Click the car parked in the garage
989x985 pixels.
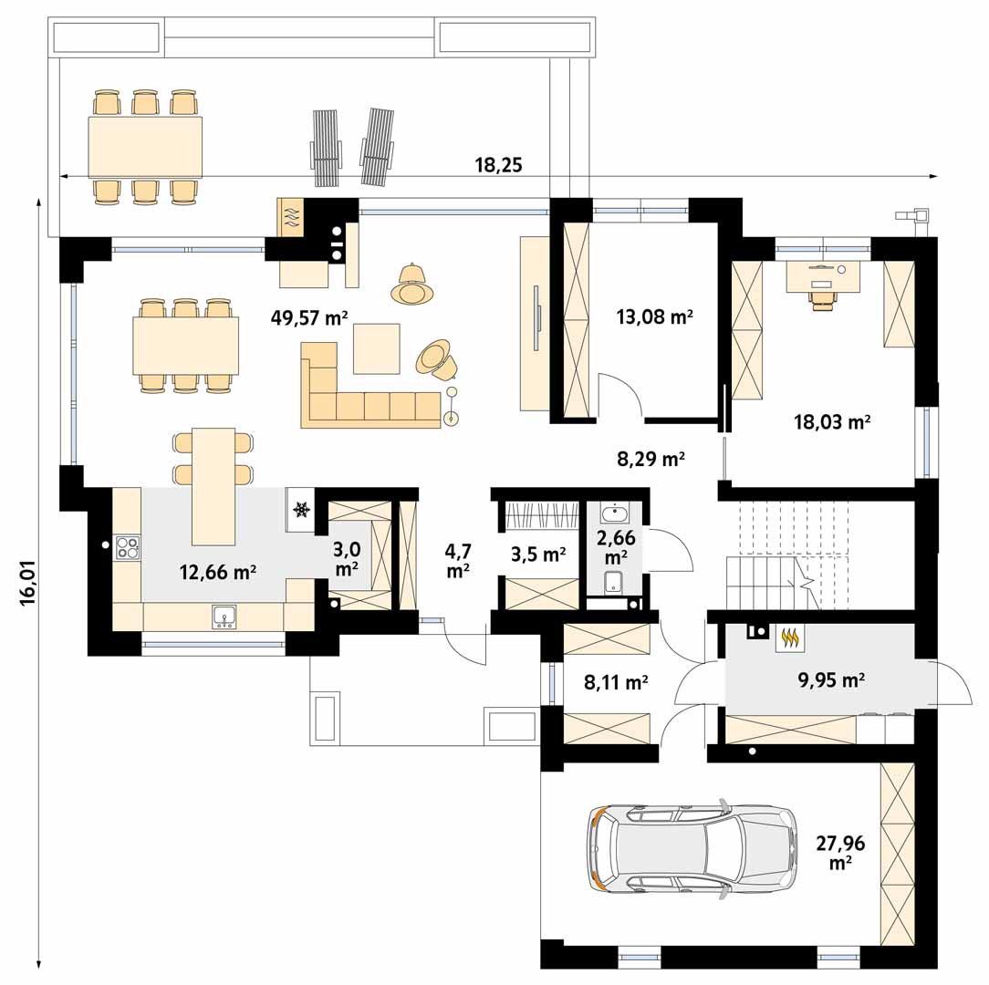tap(692, 847)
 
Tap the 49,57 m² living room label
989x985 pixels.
tap(309, 317)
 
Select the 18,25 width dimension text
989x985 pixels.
tap(498, 165)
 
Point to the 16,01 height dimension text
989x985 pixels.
tap(28, 584)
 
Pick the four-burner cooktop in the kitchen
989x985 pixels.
tap(128, 546)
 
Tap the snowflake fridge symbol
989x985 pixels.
tap(301, 508)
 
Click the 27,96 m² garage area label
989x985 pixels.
tap(841, 852)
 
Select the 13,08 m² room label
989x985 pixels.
tap(655, 316)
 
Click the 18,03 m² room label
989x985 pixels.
tap(832, 421)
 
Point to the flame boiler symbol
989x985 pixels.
tap(790, 638)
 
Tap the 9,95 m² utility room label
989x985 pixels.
tap(831, 679)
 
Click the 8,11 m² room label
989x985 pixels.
tap(616, 681)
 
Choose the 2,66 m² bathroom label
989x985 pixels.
tap(616, 546)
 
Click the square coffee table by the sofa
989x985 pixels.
tap(377, 348)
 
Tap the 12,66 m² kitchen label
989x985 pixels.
tap(218, 572)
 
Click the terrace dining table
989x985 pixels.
tap(145, 147)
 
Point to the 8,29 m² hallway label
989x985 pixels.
tap(651, 459)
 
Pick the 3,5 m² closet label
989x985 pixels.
tap(538, 555)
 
